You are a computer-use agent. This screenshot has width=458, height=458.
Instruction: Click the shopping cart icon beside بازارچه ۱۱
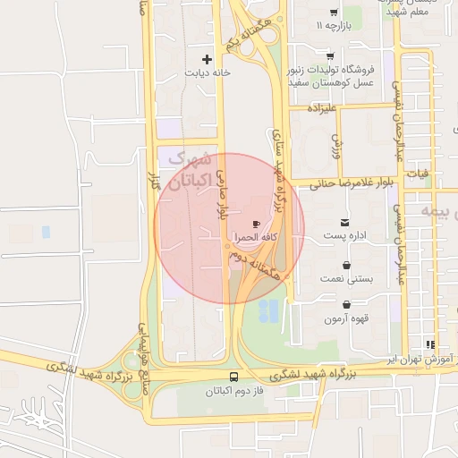point(333,13)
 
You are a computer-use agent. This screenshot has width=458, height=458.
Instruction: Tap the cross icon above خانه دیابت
point(208,59)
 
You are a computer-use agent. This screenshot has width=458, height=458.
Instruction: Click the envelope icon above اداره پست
point(345,222)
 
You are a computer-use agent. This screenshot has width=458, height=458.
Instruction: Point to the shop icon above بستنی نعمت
point(346,266)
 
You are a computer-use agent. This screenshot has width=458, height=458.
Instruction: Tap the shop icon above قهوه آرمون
point(346,304)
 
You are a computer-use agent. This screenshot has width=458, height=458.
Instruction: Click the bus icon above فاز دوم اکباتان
point(233,377)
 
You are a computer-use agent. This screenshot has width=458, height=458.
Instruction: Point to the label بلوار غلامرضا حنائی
point(352,183)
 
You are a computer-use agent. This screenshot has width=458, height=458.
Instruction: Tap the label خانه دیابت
point(208,72)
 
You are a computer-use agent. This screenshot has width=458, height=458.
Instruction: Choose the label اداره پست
point(345,236)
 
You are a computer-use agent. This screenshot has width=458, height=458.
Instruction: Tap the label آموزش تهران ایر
point(419,358)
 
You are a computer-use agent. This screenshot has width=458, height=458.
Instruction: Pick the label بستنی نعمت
point(346,280)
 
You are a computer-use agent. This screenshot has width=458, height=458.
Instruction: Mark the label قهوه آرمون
point(346,318)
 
